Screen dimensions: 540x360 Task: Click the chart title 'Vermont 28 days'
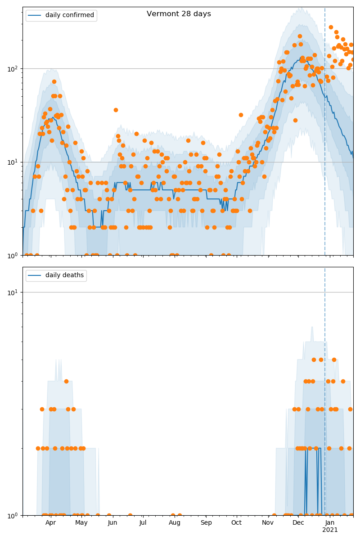click(179, 14)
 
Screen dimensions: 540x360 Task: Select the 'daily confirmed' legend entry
click(69, 15)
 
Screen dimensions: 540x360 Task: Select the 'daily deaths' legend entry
click(64, 275)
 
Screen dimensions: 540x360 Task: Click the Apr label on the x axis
click(50, 523)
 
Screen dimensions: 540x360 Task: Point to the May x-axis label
click(81, 523)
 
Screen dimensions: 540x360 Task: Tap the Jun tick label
click(112, 523)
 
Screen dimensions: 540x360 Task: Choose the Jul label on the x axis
click(143, 523)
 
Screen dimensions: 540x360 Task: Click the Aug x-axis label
click(175, 523)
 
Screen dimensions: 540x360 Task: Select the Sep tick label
click(206, 523)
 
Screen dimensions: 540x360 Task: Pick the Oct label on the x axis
click(236, 523)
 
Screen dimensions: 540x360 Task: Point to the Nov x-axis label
click(268, 523)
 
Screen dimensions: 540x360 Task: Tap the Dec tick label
click(298, 523)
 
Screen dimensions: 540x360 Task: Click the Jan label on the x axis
click(330, 523)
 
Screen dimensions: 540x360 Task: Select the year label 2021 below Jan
click(330, 530)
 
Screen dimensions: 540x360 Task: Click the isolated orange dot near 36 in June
click(116, 110)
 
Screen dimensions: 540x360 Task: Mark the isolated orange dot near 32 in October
click(241, 115)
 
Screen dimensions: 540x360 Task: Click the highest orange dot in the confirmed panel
click(331, 27)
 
